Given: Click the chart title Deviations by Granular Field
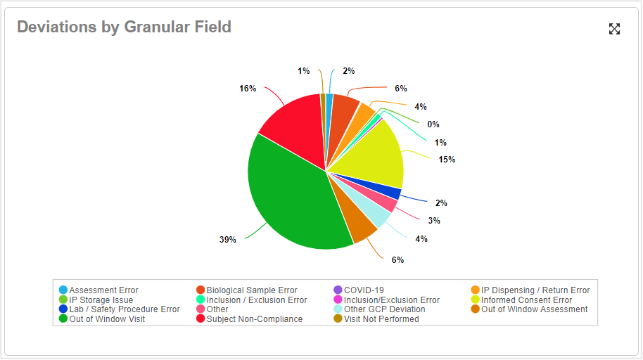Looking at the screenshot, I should pos(124,27).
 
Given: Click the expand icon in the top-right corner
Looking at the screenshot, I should pos(614,29).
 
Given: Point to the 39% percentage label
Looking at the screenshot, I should pos(227,240).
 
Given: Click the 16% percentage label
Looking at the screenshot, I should pos(247,89).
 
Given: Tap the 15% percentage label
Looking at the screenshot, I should pos(447,160).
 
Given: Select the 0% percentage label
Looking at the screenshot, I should pos(433,124).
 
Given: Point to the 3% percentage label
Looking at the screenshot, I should pos(434,220).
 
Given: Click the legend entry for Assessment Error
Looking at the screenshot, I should pos(103,290).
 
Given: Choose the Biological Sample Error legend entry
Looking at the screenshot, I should pos(251,290).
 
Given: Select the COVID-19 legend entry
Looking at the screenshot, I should pos(364,290).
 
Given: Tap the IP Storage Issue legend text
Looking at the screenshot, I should pos(101,300).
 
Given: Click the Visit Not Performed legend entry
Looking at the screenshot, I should pos(381,319).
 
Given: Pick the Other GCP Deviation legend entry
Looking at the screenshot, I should pos(384,309).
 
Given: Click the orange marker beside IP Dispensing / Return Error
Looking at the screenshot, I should pos(476,290).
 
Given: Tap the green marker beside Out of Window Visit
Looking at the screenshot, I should pos(63,319).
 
